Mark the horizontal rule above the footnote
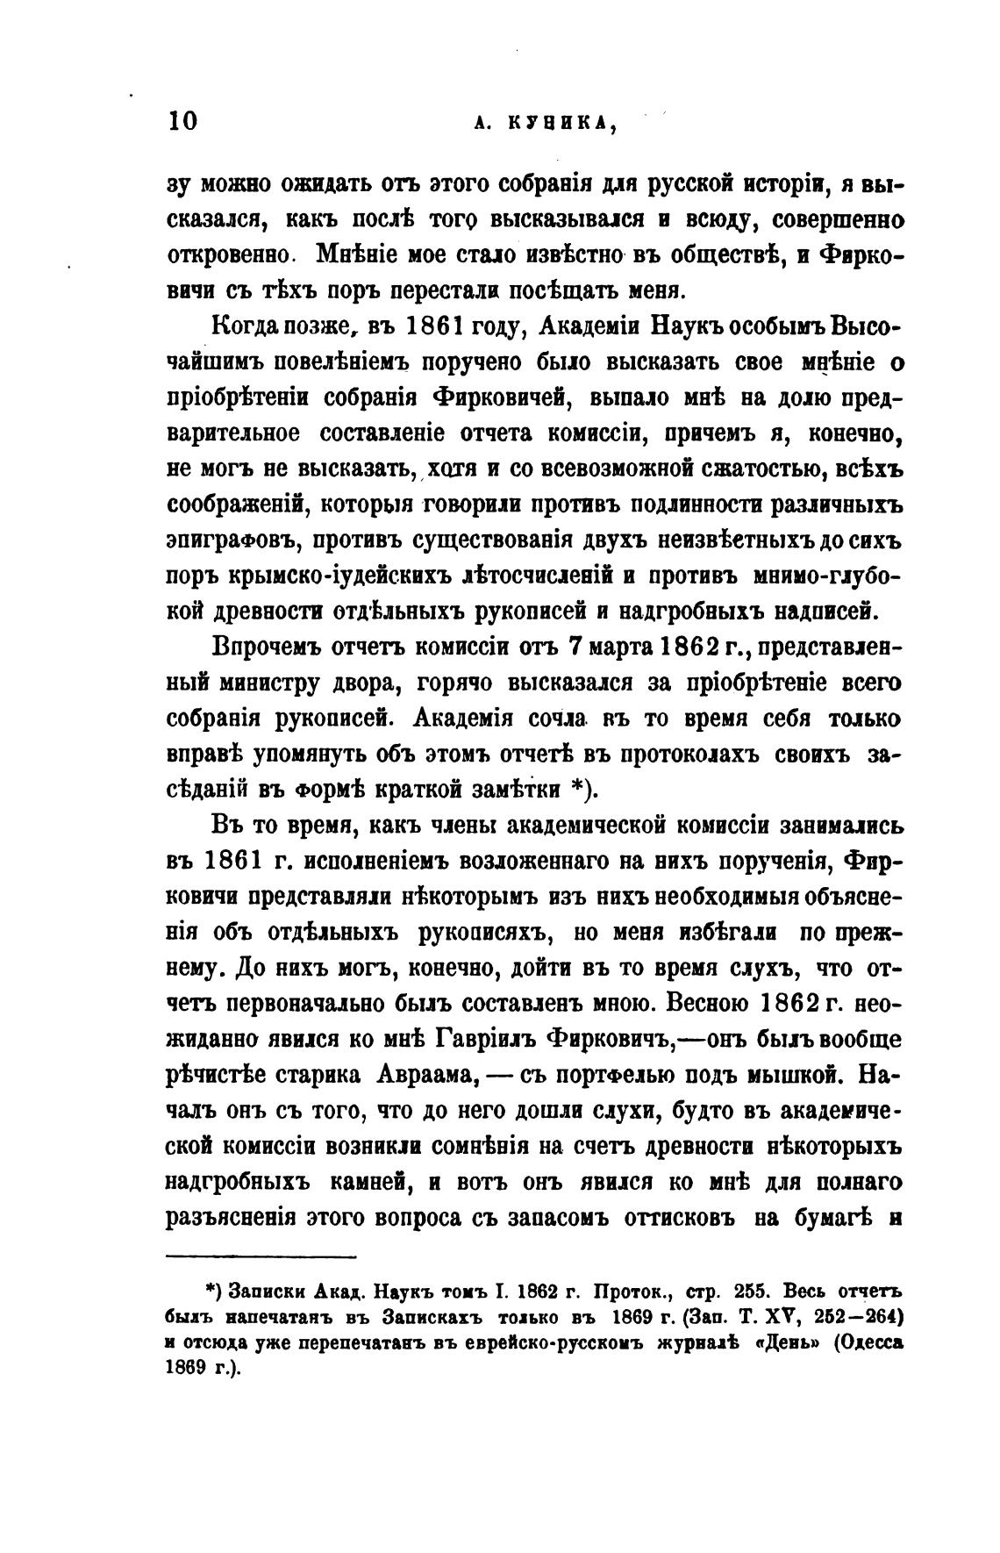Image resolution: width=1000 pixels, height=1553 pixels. click(x=261, y=1256)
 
